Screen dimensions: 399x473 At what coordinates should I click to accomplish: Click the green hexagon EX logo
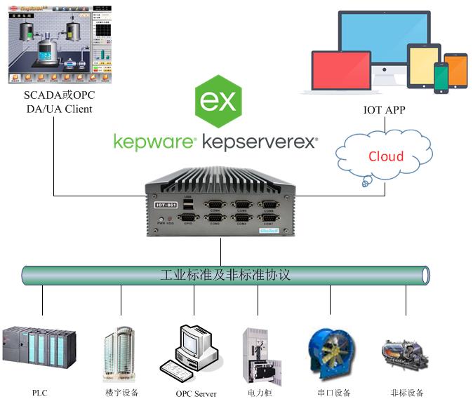218,102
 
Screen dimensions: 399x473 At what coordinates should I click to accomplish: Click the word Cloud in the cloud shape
386,156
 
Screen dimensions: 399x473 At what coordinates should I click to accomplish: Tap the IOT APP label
384,109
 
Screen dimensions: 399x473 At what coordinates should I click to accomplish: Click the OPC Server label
196,393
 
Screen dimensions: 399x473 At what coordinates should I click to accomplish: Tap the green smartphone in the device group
441,77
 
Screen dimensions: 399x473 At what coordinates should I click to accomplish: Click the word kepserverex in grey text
260,142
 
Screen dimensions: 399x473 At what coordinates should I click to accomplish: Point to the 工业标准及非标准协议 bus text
225,275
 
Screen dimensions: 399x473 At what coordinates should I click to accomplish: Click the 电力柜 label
259,393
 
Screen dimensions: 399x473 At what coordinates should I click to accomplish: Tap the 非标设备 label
407,393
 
